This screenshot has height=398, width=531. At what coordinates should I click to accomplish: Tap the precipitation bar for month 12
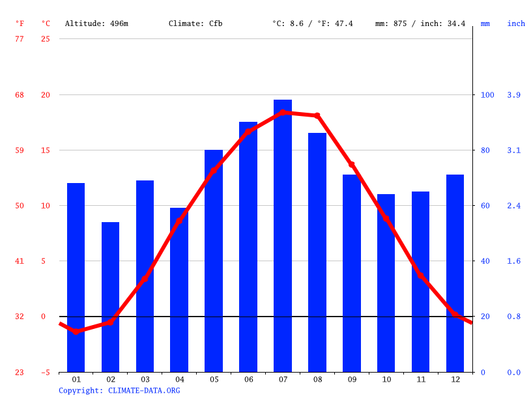pyautogui.click(x=455, y=274)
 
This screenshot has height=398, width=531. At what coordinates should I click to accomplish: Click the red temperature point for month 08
pyautogui.click(x=317, y=116)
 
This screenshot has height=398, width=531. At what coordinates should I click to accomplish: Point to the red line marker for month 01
pyautogui.click(x=76, y=332)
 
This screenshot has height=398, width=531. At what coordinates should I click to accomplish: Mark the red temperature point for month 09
pyautogui.click(x=352, y=165)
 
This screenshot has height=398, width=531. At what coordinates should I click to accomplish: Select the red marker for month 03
pyautogui.click(x=145, y=279)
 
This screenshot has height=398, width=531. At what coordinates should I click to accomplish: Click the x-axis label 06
pyautogui.click(x=248, y=379)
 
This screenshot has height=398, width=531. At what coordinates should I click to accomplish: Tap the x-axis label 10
pyautogui.click(x=386, y=379)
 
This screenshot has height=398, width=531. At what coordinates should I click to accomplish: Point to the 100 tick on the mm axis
pyautogui.click(x=487, y=95)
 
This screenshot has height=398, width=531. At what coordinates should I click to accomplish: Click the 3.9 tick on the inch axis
pyautogui.click(x=514, y=95)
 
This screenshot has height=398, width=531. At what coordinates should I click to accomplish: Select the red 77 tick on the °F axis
pyautogui.click(x=20, y=39)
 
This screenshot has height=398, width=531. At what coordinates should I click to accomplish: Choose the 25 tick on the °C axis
pyautogui.click(x=45, y=39)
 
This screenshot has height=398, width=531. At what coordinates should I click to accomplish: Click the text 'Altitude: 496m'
pyautogui.click(x=96, y=23)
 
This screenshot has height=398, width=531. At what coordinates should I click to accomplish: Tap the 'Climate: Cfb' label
pyautogui.click(x=195, y=23)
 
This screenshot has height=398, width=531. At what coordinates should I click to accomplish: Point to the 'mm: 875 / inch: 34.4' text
pyautogui.click(x=420, y=23)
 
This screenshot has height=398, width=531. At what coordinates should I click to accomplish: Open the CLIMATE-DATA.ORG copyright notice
pyautogui.click(x=119, y=391)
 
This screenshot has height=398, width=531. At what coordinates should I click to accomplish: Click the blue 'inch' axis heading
pyautogui.click(x=516, y=23)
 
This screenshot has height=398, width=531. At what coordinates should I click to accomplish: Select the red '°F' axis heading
pyautogui.click(x=20, y=23)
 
